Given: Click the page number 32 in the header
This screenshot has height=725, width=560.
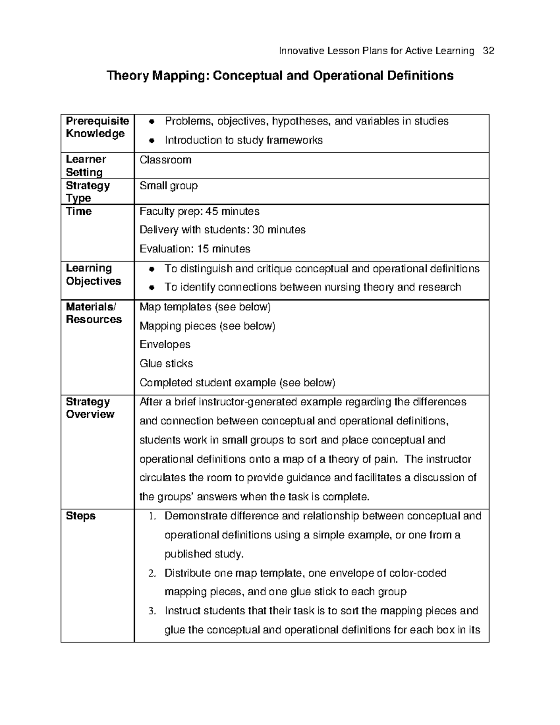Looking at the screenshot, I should pyautogui.click(x=489, y=51).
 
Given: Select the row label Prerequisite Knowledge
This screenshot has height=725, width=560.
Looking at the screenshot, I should pyautogui.click(x=97, y=127).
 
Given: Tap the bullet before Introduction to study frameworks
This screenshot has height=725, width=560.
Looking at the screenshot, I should pyautogui.click(x=151, y=141).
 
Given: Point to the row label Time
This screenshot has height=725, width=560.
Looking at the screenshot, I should pyautogui.click(x=79, y=211).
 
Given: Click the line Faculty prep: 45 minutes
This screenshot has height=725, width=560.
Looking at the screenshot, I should pyautogui.click(x=199, y=211).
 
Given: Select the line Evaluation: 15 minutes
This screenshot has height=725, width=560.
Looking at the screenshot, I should pyautogui.click(x=195, y=249).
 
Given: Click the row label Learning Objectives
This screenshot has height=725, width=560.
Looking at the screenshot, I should pyautogui.click(x=93, y=275).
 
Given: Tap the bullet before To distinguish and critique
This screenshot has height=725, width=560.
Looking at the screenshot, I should pyautogui.click(x=151, y=269).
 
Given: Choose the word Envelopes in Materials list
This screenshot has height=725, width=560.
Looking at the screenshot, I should pyautogui.click(x=165, y=345).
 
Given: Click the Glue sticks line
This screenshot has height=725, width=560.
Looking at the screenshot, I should pyautogui.click(x=166, y=363).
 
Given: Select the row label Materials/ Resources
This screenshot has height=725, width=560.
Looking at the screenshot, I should pyautogui.click(x=93, y=313).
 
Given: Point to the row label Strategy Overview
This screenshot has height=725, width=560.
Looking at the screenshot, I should pyautogui.click(x=90, y=408).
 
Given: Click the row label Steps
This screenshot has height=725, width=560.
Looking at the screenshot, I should pyautogui.click(x=80, y=516).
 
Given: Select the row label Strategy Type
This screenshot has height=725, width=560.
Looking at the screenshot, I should pyautogui.click(x=87, y=192).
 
